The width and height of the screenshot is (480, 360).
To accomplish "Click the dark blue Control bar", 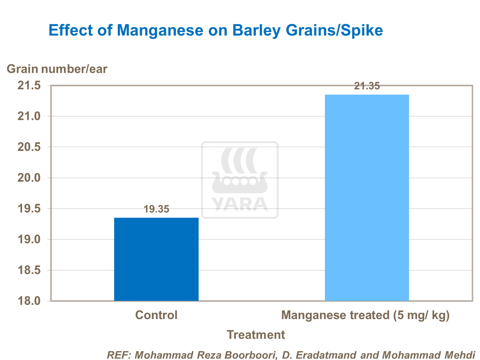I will point(156,259).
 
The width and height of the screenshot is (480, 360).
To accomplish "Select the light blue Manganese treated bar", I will point(367,198).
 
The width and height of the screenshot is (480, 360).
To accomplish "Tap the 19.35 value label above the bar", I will point(156,209).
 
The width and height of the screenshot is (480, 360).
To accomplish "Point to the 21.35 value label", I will point(367,86).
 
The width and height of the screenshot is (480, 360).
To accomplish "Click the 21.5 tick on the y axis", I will point(29,85).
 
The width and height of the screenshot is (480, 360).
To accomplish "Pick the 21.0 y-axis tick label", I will point(29,116).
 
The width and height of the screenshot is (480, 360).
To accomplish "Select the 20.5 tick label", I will point(29,147).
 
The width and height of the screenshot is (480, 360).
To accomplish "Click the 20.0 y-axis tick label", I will point(29,178).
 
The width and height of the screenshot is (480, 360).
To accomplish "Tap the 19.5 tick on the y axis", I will point(29,209).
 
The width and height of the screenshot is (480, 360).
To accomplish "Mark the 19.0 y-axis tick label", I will point(29,239).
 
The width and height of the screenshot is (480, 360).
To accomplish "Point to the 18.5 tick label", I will point(29,270).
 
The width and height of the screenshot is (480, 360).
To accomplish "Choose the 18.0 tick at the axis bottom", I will point(29,301).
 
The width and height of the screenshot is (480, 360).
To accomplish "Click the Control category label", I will point(156,315).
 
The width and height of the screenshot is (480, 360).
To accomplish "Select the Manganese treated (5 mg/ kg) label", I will point(365,315).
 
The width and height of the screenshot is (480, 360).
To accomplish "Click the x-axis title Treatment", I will point(256,335).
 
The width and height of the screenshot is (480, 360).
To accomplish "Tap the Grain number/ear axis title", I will point(57,69).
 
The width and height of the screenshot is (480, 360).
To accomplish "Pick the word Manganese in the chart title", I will point(160,30).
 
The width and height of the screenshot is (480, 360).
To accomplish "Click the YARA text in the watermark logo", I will point(240,204).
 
